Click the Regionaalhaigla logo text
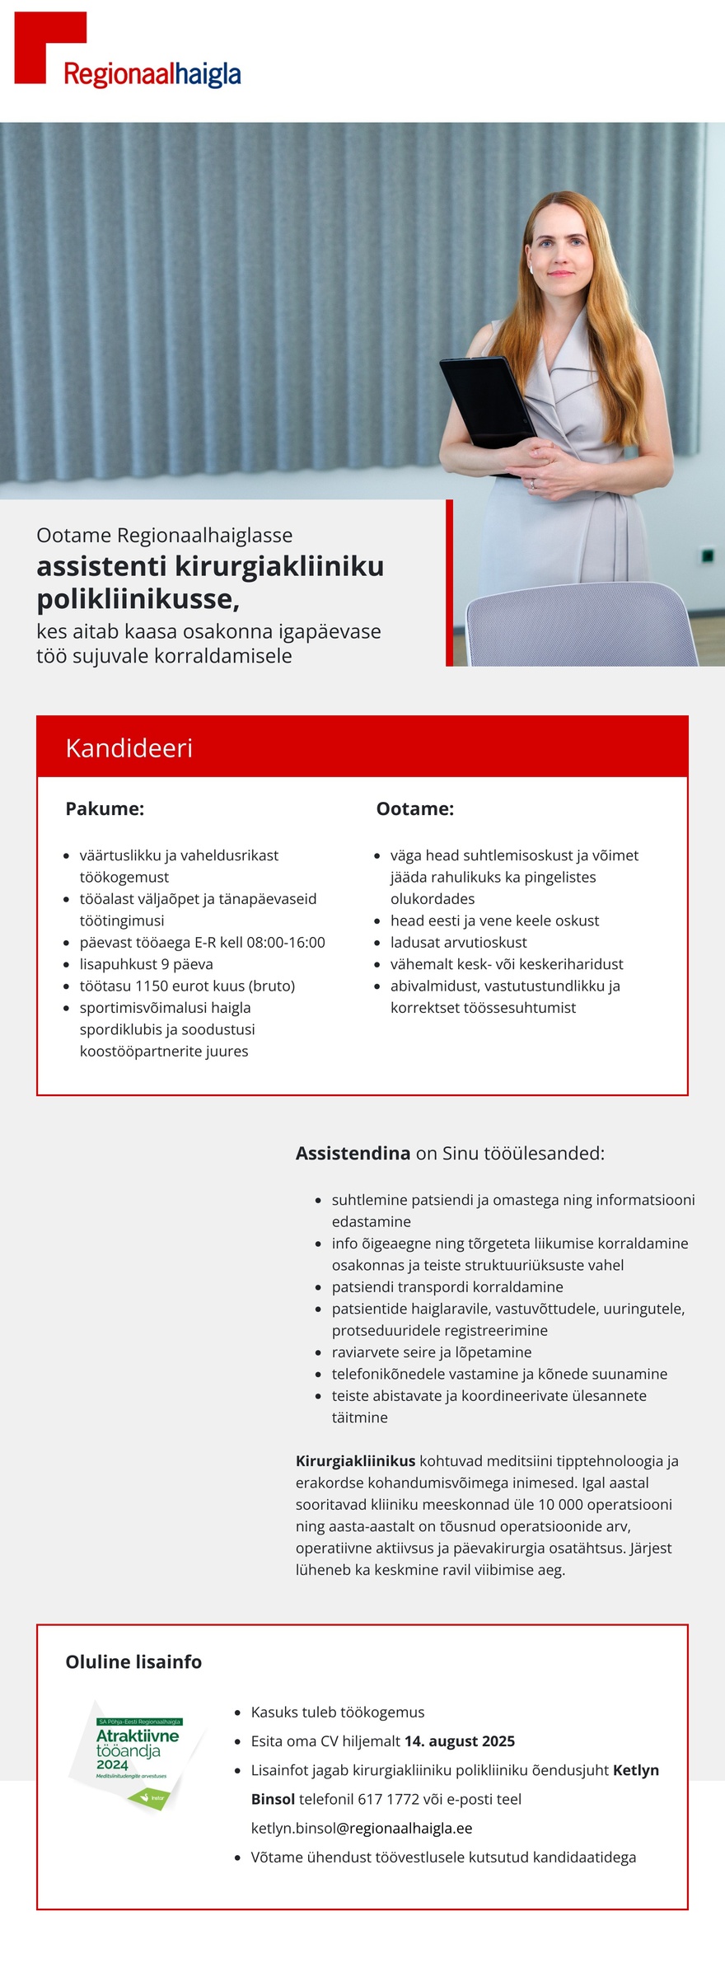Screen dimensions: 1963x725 coord(152,74)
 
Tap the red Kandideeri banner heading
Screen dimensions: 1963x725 coord(129,747)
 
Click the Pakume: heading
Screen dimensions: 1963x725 coord(105,808)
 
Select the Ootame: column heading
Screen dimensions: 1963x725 coord(414,808)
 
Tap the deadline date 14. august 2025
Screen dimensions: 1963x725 coord(459,1740)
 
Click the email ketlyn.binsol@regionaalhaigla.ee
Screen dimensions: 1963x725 coord(362,1828)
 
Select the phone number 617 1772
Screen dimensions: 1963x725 coord(388,1799)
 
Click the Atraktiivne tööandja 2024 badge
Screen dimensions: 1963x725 coord(137,1755)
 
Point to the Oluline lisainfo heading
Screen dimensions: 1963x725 coord(133,1661)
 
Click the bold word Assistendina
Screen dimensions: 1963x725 coord(353,1153)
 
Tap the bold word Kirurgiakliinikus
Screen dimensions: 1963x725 coord(355,1461)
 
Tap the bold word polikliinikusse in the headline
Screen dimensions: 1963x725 coord(138,599)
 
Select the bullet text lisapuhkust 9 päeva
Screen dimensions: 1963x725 coord(146,964)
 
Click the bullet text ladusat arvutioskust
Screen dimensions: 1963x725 coord(458,942)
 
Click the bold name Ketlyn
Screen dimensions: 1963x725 coord(635,1770)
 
